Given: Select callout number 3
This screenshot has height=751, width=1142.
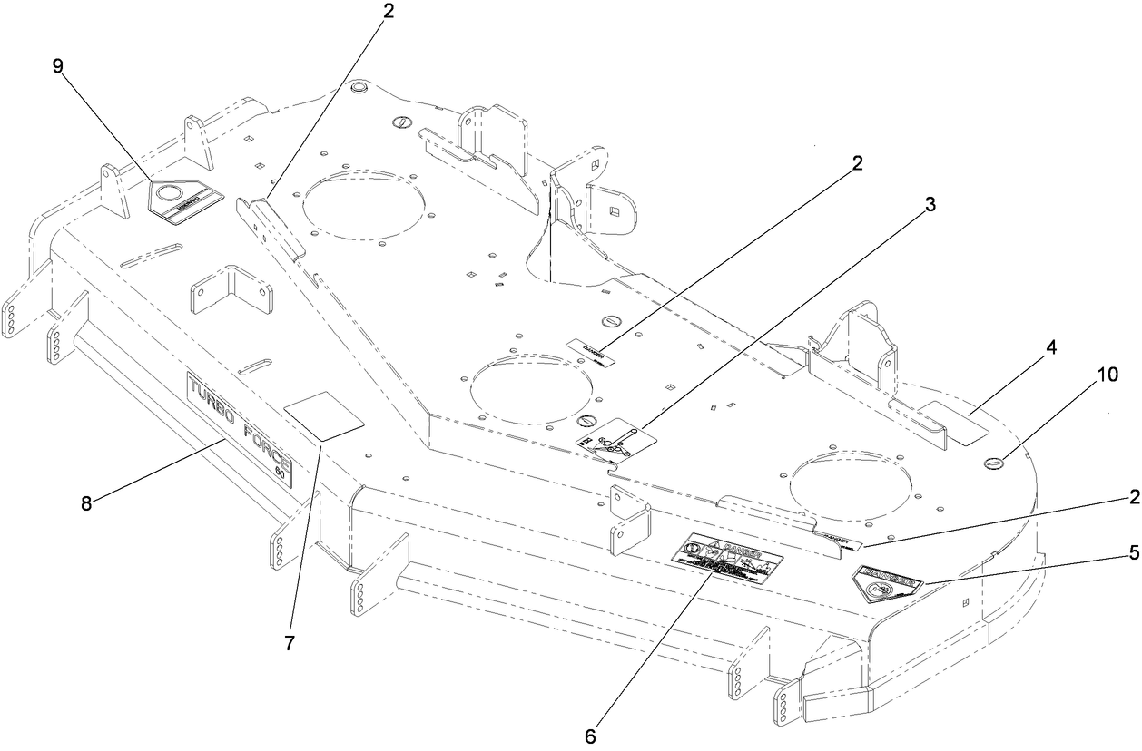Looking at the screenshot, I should click(x=930, y=204).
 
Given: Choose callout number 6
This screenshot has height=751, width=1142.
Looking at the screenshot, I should click(x=590, y=736).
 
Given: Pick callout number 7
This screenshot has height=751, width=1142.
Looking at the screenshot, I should click(x=290, y=644).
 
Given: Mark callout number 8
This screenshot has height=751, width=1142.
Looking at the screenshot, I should click(x=86, y=503).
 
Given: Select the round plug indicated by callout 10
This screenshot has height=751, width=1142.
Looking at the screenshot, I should click(x=995, y=463).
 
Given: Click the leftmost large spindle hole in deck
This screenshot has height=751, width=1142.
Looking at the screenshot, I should click(x=362, y=207).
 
